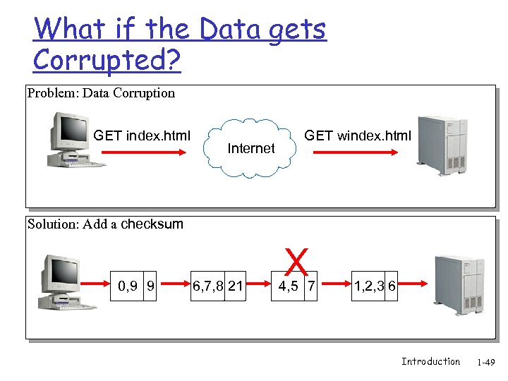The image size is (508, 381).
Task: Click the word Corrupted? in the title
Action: pos(107,61)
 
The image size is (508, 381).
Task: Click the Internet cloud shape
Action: pos(251,148)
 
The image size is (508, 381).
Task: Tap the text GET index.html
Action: pos(142,135)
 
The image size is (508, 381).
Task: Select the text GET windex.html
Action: pos(357,135)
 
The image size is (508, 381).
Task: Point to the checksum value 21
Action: pos(236,286)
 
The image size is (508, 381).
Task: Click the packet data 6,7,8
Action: pos(208,286)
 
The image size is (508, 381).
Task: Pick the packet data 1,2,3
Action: pos(369,286)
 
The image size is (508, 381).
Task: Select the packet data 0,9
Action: pos(128,286)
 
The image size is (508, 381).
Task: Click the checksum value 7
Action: pos(311,286)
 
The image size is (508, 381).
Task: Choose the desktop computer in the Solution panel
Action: pos(67,283)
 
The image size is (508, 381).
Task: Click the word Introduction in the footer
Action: pos(430,361)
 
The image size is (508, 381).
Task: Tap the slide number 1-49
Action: pos(486,363)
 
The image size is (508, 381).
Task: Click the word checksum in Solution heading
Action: pos(152,224)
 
